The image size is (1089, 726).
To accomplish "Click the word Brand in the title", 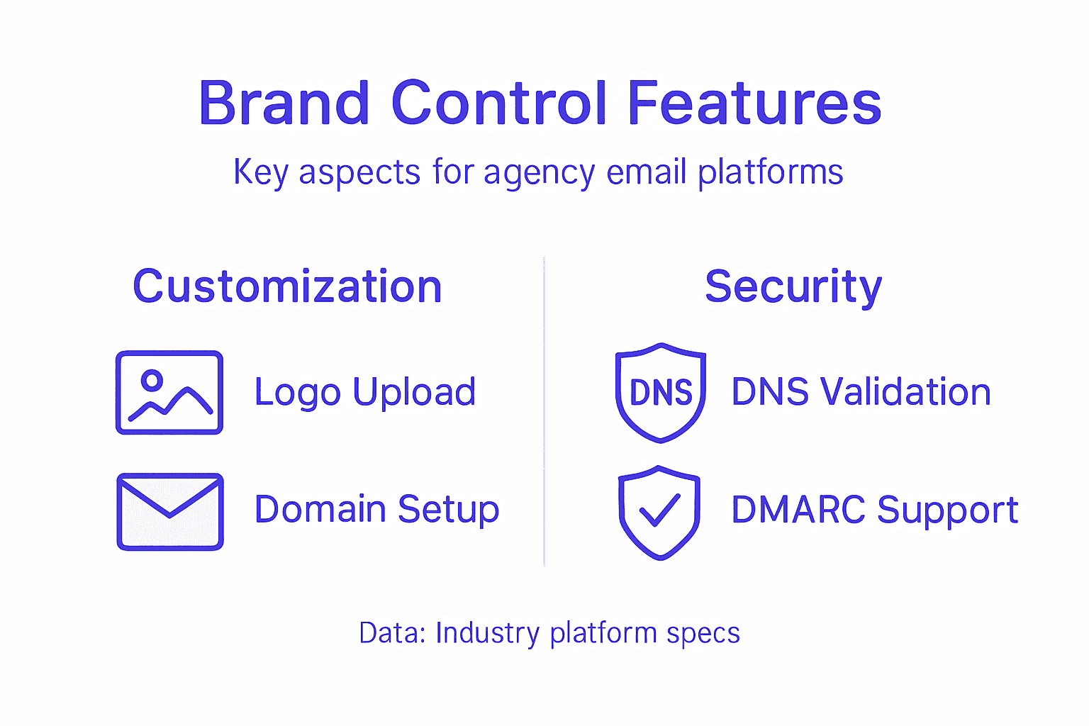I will click(x=284, y=104).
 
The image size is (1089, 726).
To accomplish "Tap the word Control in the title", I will click(x=499, y=104).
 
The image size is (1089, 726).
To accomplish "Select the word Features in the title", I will click(x=754, y=104).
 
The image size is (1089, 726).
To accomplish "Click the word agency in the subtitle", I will click(x=539, y=173).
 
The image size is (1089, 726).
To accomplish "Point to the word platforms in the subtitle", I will click(x=771, y=173).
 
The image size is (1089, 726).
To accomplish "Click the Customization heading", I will click(x=287, y=286).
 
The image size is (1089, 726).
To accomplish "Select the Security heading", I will click(x=793, y=286).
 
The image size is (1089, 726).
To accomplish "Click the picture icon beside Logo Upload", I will click(x=169, y=392).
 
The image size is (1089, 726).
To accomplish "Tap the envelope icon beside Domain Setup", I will click(x=170, y=511).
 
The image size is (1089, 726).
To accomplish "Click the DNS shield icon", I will click(x=660, y=392).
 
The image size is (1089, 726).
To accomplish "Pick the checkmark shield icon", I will click(x=659, y=512).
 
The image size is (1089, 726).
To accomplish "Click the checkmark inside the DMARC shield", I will click(x=659, y=510).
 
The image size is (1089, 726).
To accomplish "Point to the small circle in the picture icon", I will click(x=152, y=381).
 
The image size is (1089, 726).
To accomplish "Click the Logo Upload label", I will click(x=364, y=392).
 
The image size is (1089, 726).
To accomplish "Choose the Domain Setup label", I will click(x=376, y=510).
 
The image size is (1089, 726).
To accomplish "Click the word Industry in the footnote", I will click(x=488, y=633).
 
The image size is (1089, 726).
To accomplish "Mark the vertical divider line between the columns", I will click(x=544, y=411).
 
